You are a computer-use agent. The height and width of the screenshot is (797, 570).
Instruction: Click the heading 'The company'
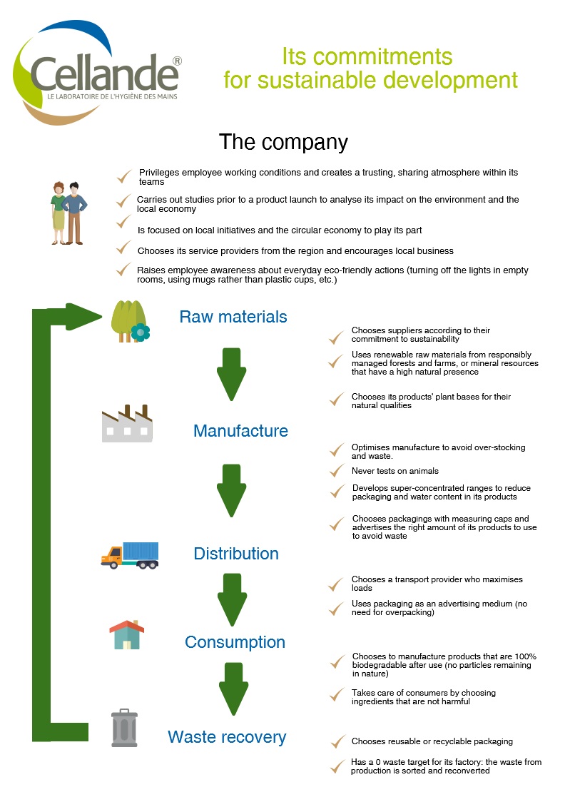tap(283, 142)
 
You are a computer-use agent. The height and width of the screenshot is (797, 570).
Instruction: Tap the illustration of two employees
tap(68, 213)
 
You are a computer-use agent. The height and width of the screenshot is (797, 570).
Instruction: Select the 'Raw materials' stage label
tap(233, 317)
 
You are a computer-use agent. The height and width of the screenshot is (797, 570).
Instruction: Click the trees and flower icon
tap(131, 321)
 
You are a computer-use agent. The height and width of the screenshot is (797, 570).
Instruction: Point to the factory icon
tap(127, 423)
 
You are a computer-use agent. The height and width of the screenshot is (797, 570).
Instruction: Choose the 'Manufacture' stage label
tap(241, 431)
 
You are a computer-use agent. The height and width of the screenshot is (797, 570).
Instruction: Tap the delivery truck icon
tap(130, 555)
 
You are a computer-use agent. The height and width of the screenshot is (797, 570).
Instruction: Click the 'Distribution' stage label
tap(236, 554)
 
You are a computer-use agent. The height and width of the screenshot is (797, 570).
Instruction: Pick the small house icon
tap(127, 634)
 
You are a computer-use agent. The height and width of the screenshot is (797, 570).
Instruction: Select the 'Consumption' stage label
tap(235, 642)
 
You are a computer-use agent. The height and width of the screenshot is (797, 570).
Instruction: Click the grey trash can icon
tap(124, 728)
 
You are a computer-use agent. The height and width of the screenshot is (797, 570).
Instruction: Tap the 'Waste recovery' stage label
tap(227, 737)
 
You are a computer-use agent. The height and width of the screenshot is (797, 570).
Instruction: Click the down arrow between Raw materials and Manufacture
tap(232, 374)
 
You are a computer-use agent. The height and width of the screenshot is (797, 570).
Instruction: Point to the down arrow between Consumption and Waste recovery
tap(234, 689)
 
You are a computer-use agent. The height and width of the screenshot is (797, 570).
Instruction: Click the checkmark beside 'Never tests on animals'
tap(337, 471)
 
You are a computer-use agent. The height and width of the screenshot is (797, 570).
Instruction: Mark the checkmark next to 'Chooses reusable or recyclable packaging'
tap(338, 741)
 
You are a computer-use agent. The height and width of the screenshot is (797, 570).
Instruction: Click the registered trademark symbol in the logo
tap(178, 61)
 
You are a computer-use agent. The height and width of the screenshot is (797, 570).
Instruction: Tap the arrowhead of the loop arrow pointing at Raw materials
tap(84, 317)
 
